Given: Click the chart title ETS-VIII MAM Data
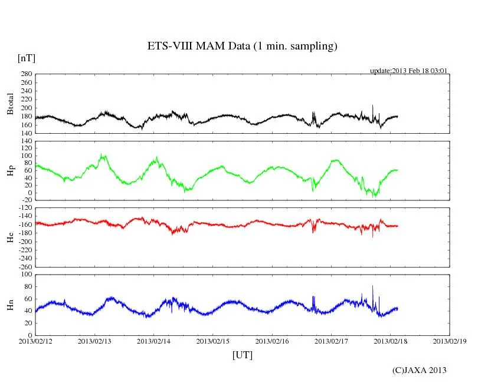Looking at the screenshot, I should click(242, 47).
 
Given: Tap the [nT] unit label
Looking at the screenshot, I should click(26, 58).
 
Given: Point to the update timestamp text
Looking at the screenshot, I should click(408, 71).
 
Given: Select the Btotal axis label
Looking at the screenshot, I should click(10, 104).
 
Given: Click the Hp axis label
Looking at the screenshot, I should click(10, 170).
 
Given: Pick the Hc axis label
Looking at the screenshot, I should click(10, 237).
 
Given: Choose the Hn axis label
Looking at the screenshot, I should click(10, 305).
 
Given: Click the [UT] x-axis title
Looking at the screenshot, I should click(242, 355).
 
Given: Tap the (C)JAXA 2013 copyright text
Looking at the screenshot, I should click(419, 370).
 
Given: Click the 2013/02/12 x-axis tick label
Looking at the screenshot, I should click(35, 341).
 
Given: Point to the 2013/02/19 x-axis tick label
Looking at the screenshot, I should click(450, 341).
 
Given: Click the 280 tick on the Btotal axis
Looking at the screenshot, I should click(25, 74).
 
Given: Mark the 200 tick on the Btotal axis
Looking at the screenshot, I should click(25, 108).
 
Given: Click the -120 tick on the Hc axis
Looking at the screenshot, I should click(24, 209).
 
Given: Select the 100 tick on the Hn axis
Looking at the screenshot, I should click(25, 275).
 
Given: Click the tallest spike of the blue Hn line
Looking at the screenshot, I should click(372, 286).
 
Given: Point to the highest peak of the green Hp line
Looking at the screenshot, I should click(102, 155).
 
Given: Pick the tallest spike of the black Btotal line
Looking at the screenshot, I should click(372, 105).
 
